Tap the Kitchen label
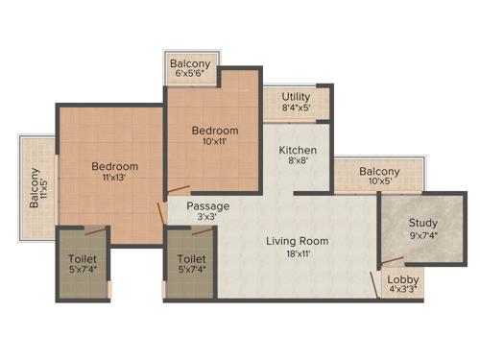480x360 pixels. click(298, 152)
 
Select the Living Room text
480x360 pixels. click(298, 241)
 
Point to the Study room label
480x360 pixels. click(422, 224)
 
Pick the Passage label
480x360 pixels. click(208, 206)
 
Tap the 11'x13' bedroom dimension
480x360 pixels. click(114, 178)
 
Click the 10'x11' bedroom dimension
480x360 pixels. click(214, 142)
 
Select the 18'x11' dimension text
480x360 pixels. click(298, 253)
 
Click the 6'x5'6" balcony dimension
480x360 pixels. click(191, 74)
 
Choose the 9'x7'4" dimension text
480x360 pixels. click(422, 235)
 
